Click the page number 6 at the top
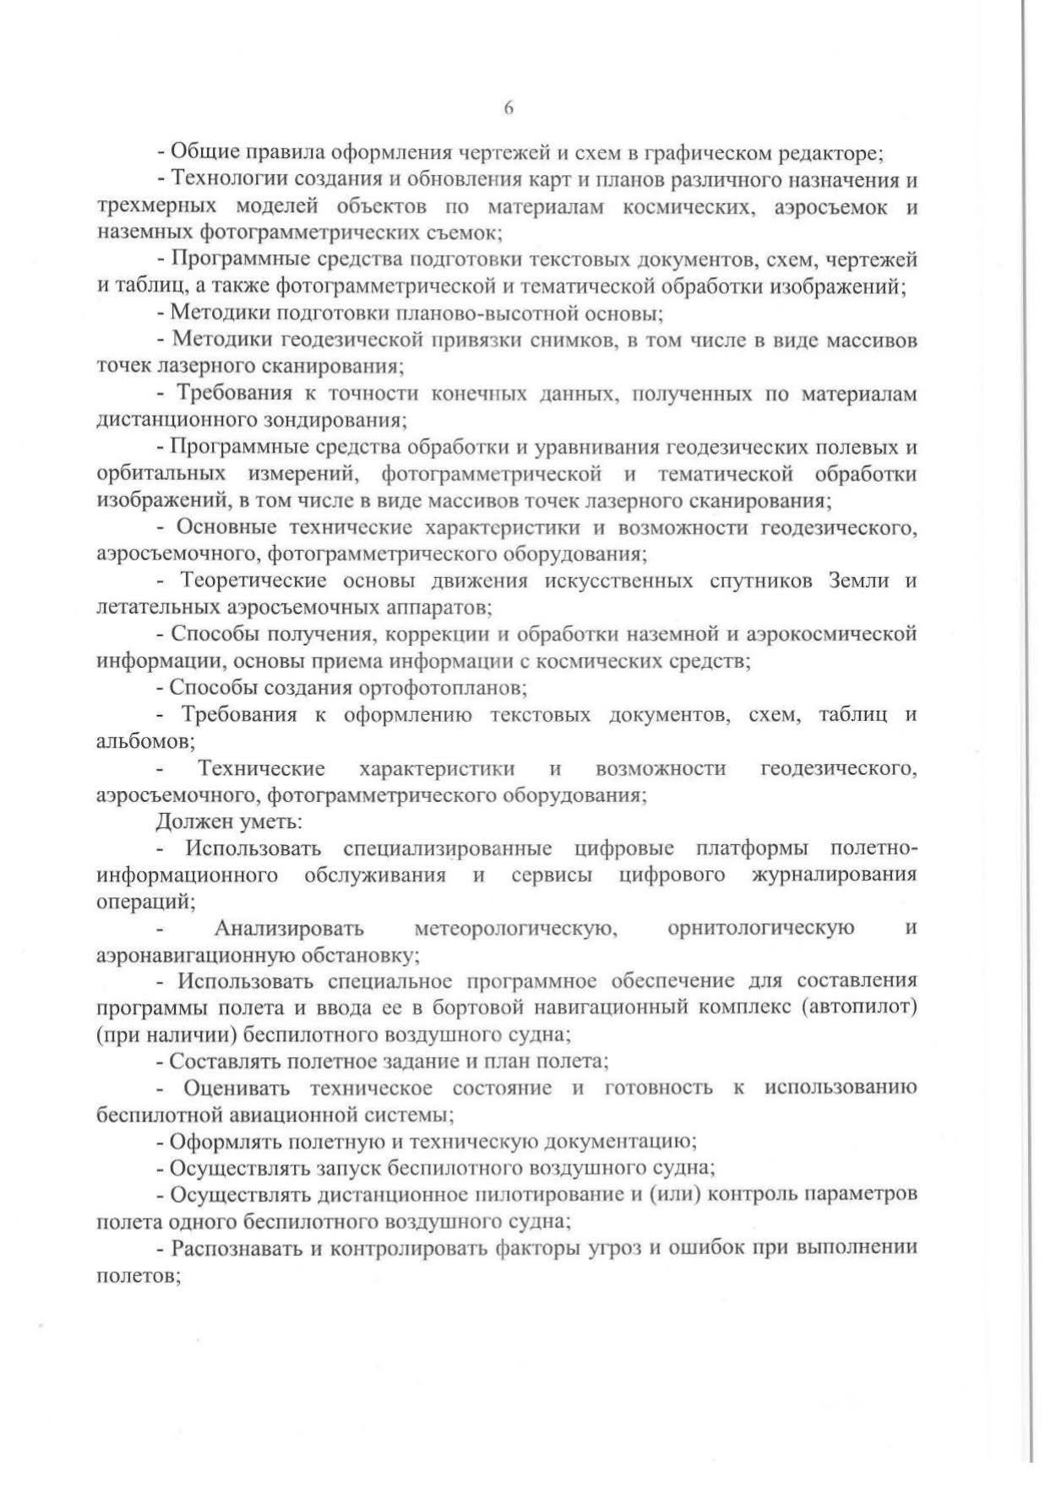pos(509,108)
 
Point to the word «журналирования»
pos(834,874)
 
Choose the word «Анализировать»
pos(289,928)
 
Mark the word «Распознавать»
pos(232,1248)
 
